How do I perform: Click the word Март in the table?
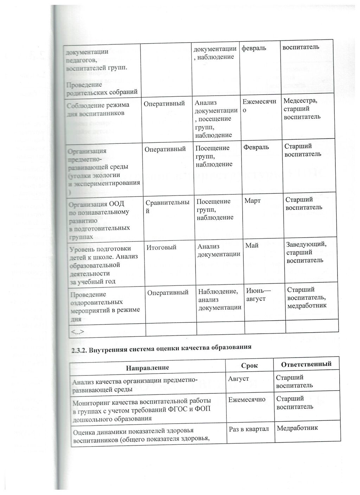[x=253, y=201]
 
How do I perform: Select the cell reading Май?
[x=252, y=245]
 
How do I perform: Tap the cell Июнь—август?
[x=258, y=295]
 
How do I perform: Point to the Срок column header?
[x=249, y=366]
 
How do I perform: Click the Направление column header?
[x=148, y=367]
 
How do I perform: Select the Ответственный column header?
[x=306, y=364]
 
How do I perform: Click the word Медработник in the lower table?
[x=297, y=428]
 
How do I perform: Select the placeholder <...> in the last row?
[x=78, y=332]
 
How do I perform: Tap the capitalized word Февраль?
[x=256, y=147]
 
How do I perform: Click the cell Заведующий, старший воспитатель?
[x=306, y=252]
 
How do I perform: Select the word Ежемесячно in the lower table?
[x=247, y=399]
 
